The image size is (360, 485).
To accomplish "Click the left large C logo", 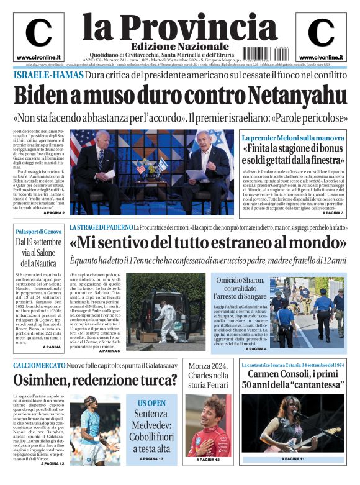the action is (38, 33).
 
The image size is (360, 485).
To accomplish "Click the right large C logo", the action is (322, 33).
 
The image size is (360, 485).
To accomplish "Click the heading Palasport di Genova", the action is (38, 232).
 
